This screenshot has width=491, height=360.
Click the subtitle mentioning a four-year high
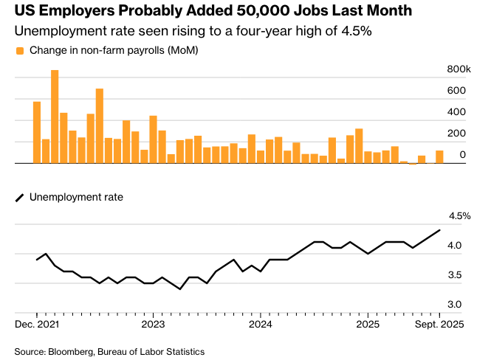tap(193, 32)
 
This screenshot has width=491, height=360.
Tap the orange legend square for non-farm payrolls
tap(20, 50)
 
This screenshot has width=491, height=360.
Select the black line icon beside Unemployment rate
tap(20, 197)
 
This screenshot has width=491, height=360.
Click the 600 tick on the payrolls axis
tap(457, 91)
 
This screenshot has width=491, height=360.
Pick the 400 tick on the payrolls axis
tap(457, 112)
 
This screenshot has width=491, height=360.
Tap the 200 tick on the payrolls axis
tap(457, 134)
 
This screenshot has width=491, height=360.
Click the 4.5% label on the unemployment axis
tap(459, 216)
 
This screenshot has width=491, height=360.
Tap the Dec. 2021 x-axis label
tap(37, 324)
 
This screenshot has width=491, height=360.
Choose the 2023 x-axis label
tap(153, 324)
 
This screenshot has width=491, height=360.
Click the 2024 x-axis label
tap(261, 324)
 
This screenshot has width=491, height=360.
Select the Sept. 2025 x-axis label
tap(439, 324)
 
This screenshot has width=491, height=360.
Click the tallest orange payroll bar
tap(55, 117)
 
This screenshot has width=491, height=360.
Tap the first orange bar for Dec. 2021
tap(37, 132)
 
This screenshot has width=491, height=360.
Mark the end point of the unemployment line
tap(440, 230)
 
